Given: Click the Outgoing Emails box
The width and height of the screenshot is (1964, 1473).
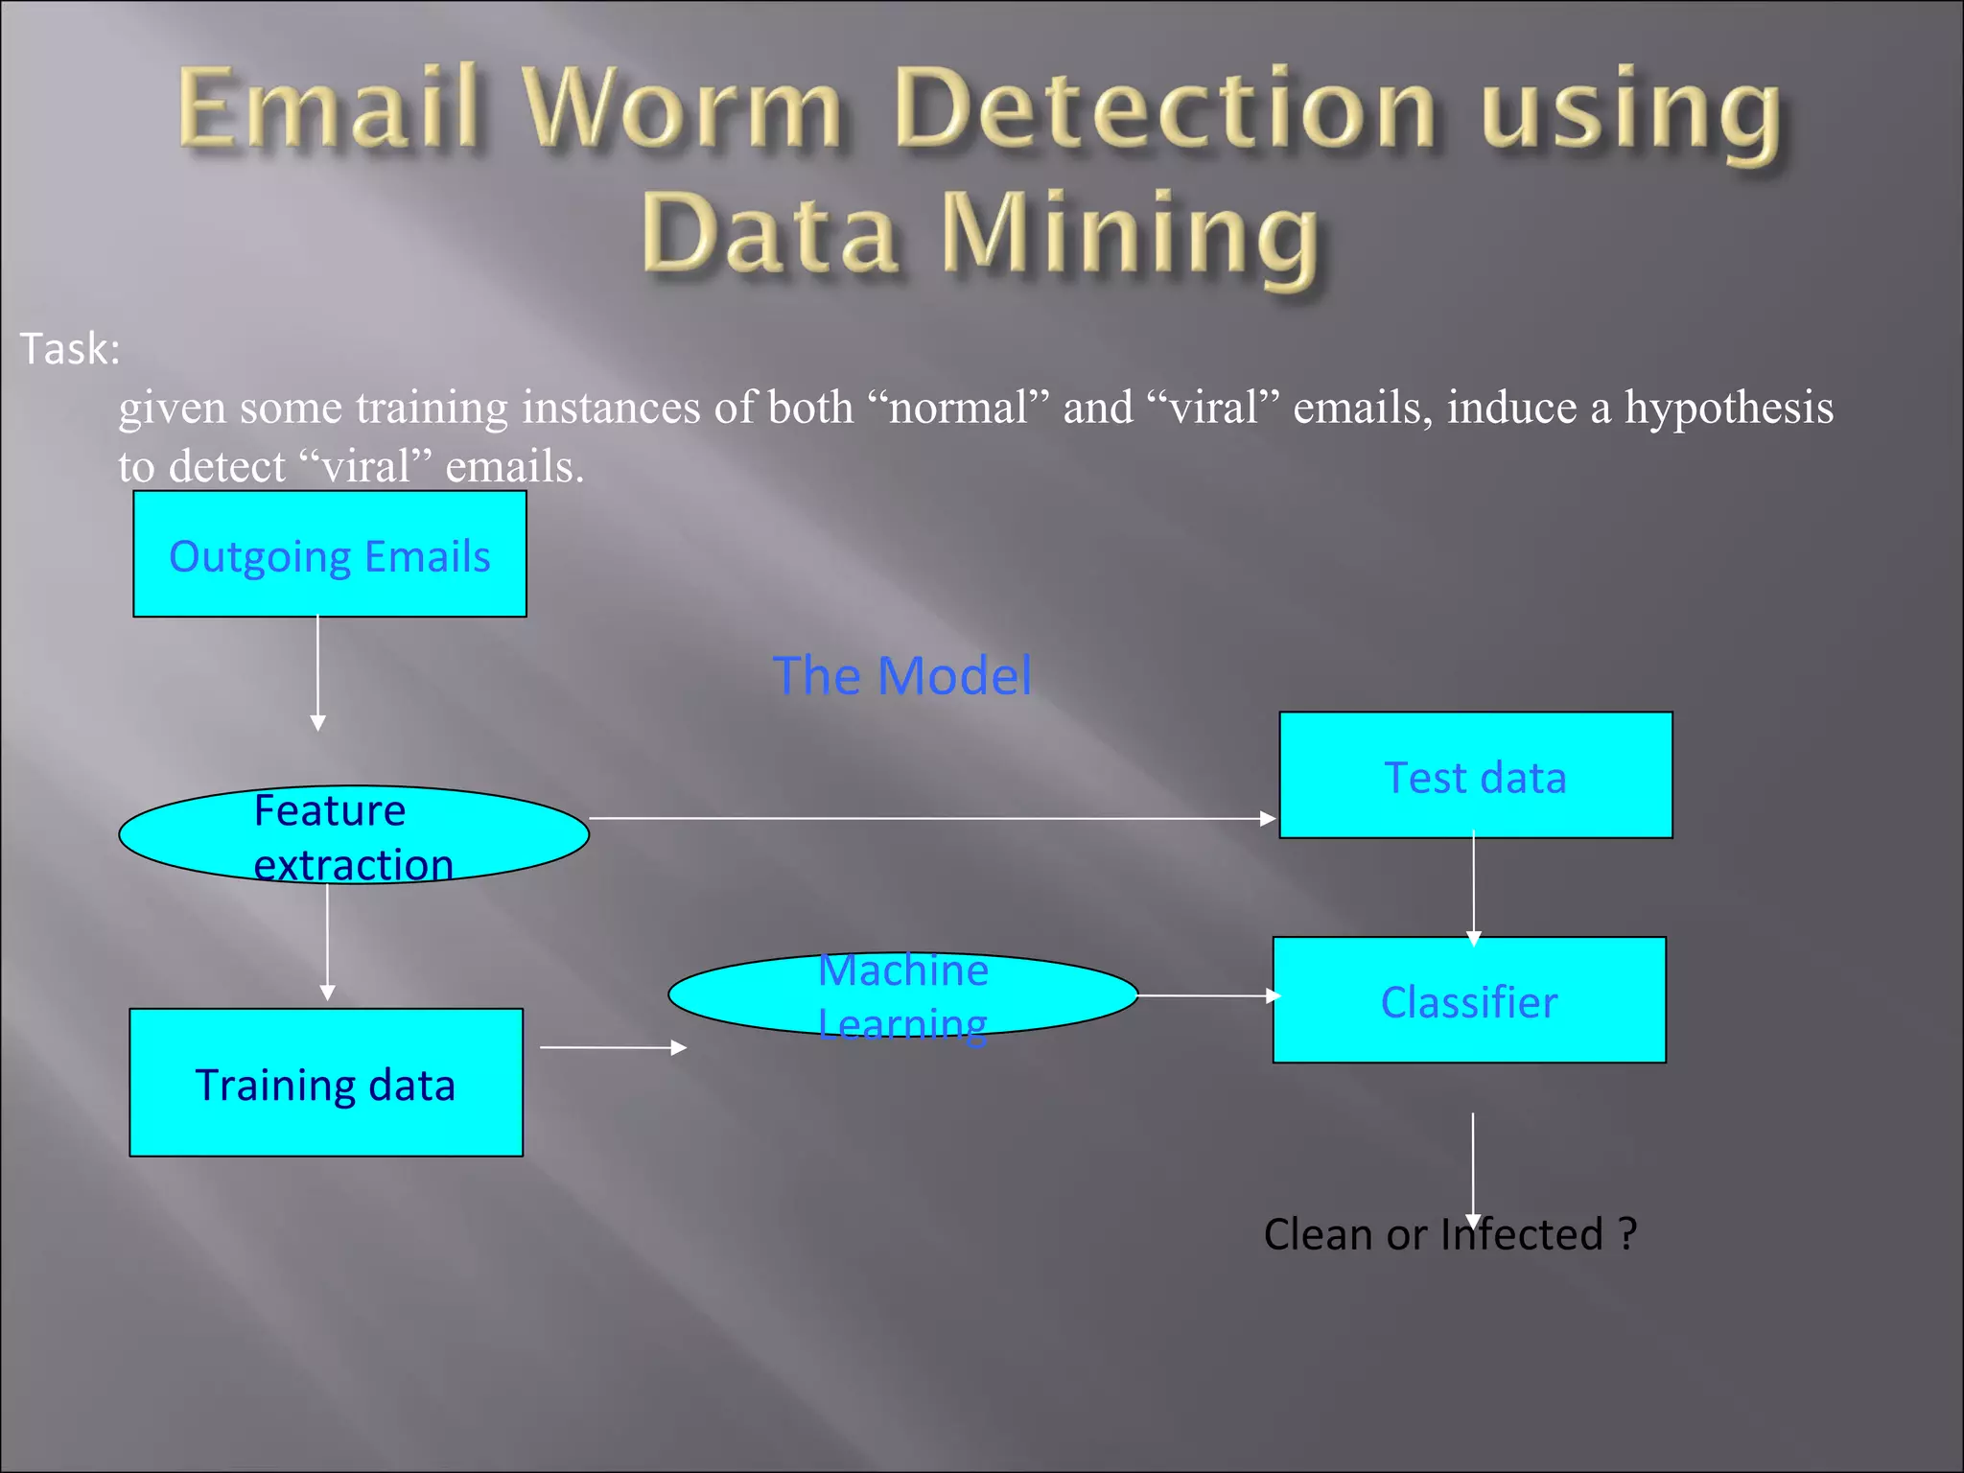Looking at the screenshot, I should pos(329,554).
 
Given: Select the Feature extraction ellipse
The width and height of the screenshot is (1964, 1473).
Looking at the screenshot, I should pos(353,835).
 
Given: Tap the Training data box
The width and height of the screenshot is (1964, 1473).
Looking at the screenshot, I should pos(326,1083).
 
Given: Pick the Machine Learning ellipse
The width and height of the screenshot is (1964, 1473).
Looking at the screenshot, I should pos(902,995).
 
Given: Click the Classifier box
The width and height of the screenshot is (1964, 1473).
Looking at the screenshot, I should pos(1469,1000).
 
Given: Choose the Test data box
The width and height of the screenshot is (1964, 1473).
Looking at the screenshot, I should pos(1475,775).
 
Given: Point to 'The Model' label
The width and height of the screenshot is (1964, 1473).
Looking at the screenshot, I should pos(901,675).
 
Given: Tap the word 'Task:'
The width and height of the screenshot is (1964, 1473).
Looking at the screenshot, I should pos(70,349).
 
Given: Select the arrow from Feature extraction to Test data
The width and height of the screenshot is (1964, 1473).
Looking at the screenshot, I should pos(930,818).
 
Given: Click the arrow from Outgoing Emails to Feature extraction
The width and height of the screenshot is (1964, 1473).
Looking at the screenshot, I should pos(318,671).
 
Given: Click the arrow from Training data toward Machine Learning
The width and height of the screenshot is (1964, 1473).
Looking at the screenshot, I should pos(613,1048).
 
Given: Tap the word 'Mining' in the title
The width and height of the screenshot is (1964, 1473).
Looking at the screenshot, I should pos(1132,234).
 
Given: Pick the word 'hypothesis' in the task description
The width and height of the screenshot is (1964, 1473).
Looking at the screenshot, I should pos(1728,409).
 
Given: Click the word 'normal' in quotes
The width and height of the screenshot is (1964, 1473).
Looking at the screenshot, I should pos(958,409).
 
